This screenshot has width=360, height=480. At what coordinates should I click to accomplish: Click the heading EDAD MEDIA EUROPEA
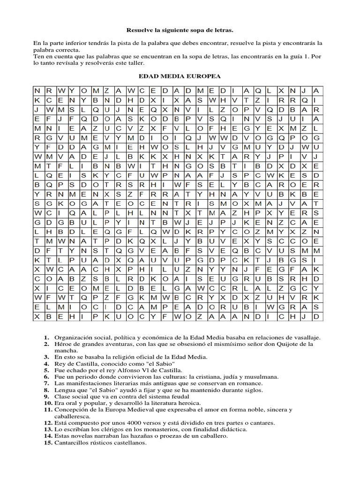click(x=180, y=76)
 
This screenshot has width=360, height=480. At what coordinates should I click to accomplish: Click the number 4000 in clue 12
click(x=130, y=422)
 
